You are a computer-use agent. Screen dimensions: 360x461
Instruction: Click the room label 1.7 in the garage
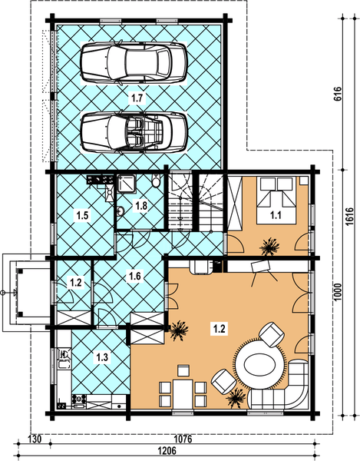pyautogui.click(x=137, y=98)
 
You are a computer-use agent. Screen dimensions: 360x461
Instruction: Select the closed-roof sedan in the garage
pyautogui.click(x=134, y=63)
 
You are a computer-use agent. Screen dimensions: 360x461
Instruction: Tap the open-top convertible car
pyautogui.click(x=134, y=132)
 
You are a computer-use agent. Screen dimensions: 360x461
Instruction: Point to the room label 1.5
pyautogui.click(x=82, y=215)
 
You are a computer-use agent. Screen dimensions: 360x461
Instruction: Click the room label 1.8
pyautogui.click(x=141, y=205)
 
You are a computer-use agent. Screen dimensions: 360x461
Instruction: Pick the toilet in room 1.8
pyautogui.click(x=157, y=181)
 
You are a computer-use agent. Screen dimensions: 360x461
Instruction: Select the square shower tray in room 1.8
pyautogui.click(x=126, y=184)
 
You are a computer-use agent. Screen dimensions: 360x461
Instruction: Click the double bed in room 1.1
pyautogui.click(x=276, y=201)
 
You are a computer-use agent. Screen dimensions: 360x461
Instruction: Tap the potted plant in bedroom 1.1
pyautogui.click(x=269, y=247)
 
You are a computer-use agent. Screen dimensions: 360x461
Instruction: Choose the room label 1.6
pyautogui.click(x=135, y=276)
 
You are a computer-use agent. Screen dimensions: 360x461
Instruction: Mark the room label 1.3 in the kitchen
pyautogui.click(x=102, y=357)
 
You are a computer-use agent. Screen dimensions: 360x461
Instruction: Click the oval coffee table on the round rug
pyautogui.click(x=260, y=366)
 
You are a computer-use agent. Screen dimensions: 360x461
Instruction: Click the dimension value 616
pyautogui.click(x=338, y=94)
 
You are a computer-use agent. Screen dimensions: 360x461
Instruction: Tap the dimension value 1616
pyautogui.click(x=350, y=217)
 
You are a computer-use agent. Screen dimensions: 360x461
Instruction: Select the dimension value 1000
pyautogui.click(x=338, y=292)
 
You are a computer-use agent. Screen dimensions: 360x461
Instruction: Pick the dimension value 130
pyautogui.click(x=35, y=439)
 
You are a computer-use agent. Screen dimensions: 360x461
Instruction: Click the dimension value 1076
pyautogui.click(x=183, y=439)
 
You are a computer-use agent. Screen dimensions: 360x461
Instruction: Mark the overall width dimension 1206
pyautogui.click(x=167, y=451)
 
